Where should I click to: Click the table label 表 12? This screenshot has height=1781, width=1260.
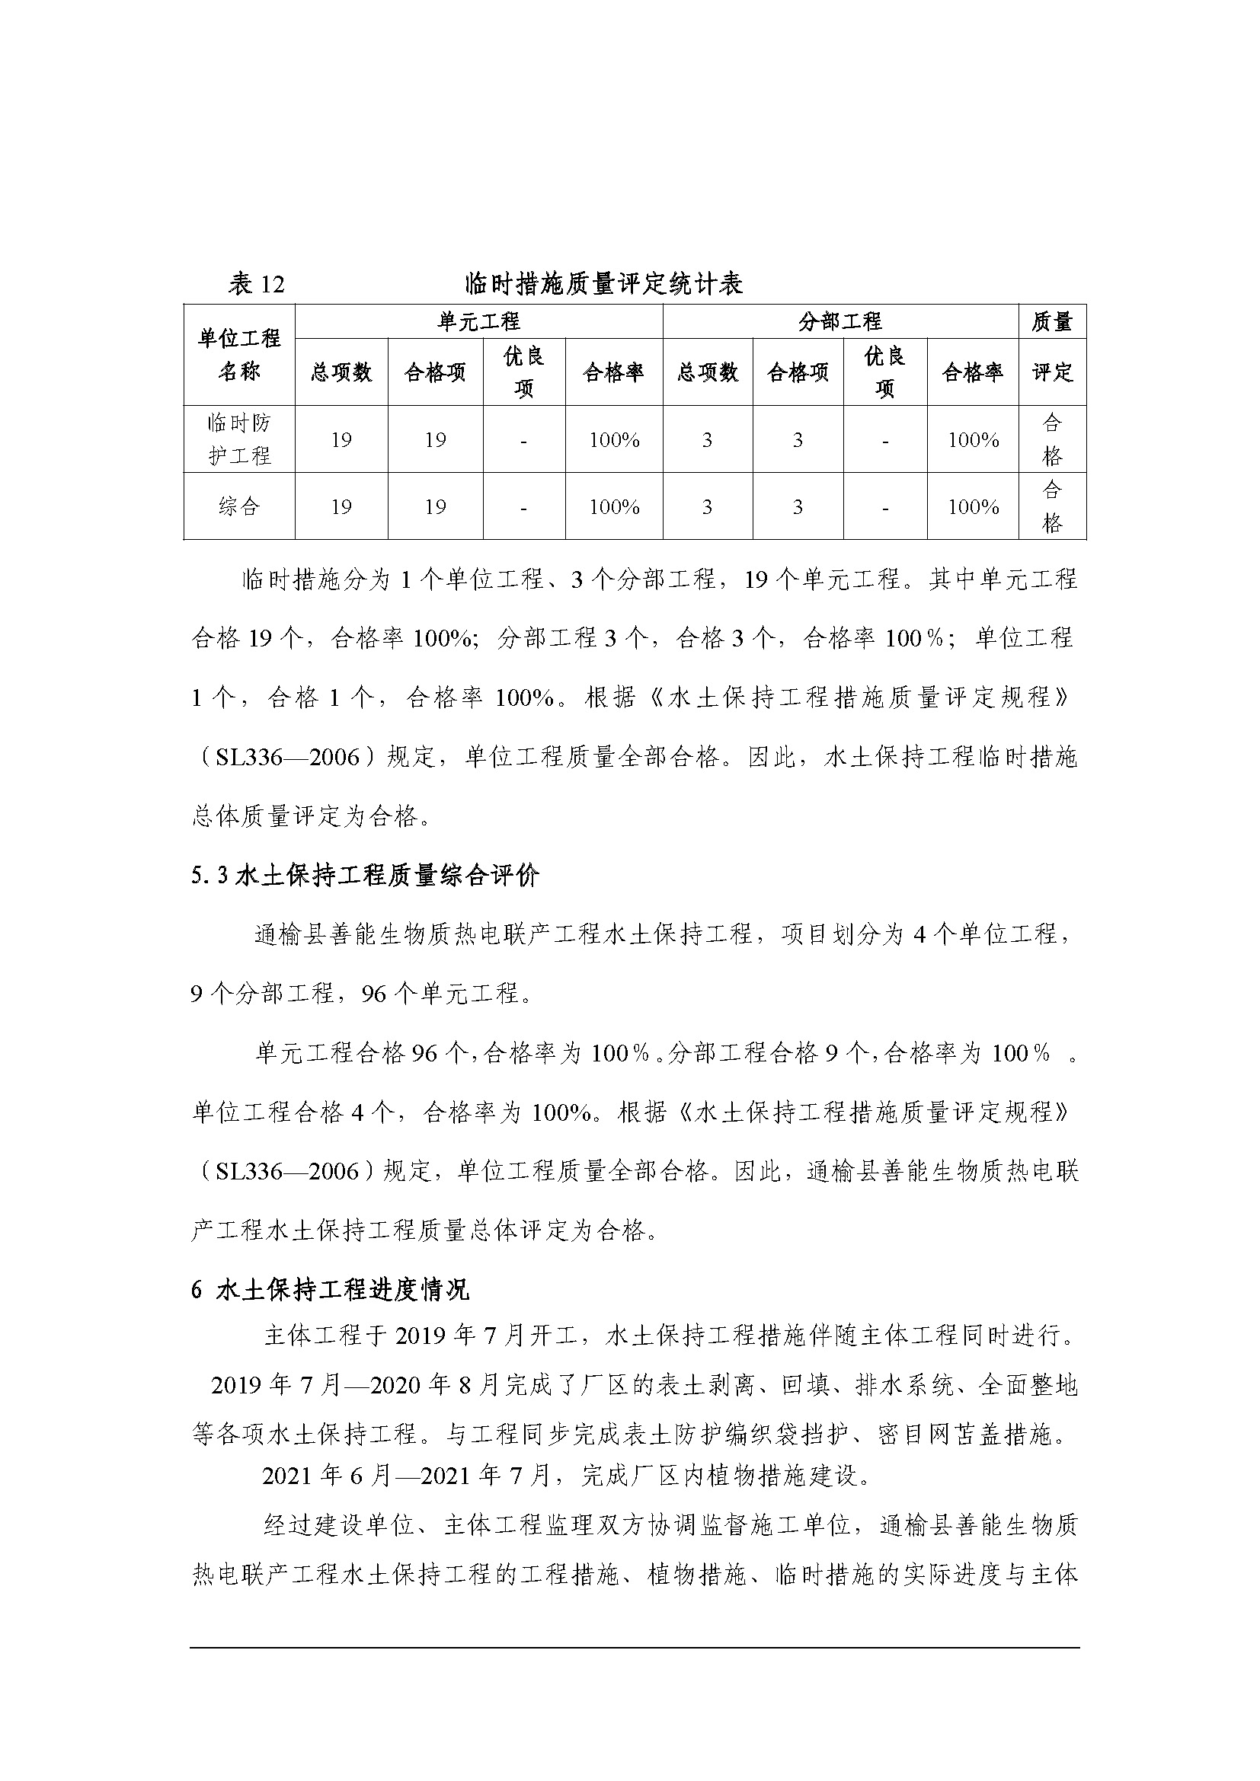pyautogui.click(x=256, y=284)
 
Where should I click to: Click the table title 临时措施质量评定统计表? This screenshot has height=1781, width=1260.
pyautogui.click(x=603, y=284)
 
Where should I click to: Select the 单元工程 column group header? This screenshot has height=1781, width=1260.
pyautogui.click(x=478, y=321)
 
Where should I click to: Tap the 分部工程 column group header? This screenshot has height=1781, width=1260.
pyautogui.click(x=840, y=321)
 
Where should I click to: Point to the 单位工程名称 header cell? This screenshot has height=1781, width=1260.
pyautogui.click(x=239, y=355)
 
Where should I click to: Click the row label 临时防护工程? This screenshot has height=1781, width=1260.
pyautogui.click(x=239, y=439)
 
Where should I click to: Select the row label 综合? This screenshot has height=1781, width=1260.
pyautogui.click(x=239, y=506)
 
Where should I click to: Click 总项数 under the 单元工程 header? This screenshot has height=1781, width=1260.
pyautogui.click(x=341, y=372)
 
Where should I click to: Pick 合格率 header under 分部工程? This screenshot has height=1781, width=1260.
pyautogui.click(x=972, y=372)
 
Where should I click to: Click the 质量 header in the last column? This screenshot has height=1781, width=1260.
pyautogui.click(x=1052, y=321)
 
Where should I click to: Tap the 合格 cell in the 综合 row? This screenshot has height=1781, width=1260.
pyautogui.click(x=1052, y=506)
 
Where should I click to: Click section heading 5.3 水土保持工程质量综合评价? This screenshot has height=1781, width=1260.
pyautogui.click(x=366, y=876)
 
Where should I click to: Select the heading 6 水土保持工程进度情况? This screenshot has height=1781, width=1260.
pyautogui.click(x=331, y=1290)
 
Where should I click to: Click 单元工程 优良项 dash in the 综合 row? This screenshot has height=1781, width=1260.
pyautogui.click(x=523, y=507)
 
